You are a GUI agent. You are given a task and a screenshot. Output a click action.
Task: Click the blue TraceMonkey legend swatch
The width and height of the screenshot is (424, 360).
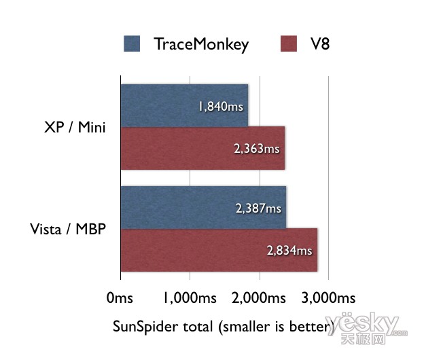132,43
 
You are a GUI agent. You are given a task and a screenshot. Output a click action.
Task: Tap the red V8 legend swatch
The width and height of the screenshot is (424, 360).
289,43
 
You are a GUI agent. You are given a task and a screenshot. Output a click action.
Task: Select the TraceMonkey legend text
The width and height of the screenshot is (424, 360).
201,44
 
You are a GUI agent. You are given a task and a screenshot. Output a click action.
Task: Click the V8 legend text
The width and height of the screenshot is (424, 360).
320,43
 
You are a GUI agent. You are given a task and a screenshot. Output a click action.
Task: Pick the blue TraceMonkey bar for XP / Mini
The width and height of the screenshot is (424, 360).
184,105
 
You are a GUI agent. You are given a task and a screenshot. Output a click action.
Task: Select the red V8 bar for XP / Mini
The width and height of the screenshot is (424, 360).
202,148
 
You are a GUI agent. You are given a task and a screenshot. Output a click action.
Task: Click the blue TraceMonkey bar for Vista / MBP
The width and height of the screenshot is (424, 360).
203,207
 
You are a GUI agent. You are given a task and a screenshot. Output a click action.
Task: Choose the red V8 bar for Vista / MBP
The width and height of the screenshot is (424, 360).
219,250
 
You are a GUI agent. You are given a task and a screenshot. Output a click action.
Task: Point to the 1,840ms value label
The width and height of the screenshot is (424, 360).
221,106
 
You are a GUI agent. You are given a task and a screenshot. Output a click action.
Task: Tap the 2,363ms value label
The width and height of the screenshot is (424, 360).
257,149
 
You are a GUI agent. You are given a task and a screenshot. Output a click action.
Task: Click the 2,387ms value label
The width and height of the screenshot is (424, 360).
258,209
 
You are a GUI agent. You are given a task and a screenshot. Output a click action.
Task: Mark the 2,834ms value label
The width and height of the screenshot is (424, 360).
289,251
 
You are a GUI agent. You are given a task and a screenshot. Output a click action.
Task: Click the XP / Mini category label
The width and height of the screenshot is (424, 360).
75,127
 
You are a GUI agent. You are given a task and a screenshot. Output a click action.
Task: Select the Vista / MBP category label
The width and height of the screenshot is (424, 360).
68,229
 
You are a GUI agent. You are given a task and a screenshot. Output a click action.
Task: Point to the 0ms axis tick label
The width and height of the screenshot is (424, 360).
120,298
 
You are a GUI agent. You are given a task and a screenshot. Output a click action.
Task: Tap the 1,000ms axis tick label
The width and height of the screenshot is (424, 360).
190,298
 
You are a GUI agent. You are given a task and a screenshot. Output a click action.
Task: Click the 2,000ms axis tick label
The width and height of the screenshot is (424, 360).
259,298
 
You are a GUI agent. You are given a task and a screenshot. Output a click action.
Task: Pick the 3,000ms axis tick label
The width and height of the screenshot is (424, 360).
329,298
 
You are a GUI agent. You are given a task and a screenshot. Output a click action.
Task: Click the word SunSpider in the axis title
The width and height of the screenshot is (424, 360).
145,327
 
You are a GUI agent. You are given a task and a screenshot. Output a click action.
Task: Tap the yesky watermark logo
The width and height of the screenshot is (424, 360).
366,328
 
